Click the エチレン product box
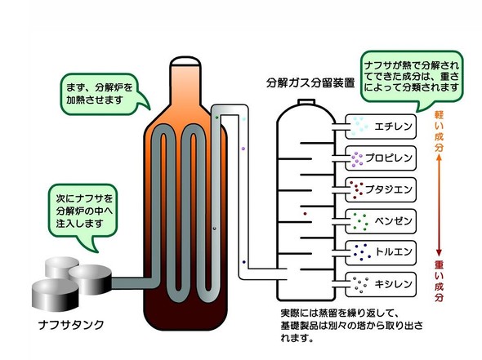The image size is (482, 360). [381, 127]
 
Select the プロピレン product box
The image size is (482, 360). [381, 158]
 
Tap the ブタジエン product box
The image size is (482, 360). [381, 189]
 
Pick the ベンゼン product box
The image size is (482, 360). [381, 221]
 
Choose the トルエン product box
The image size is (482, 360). [381, 253]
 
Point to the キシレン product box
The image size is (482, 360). [381, 284]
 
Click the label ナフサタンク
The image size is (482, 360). [71, 324]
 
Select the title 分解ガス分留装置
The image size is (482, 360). [310, 82]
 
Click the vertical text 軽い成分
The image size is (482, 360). [439, 131]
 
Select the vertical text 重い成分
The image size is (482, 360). [439, 281]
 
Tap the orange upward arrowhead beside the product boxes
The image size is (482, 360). [439, 158]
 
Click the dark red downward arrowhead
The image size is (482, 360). [439, 252]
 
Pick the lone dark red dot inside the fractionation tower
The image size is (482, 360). [305, 214]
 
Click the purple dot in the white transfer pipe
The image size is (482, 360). [243, 149]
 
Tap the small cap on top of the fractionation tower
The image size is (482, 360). [306, 102]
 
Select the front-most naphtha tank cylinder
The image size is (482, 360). [56, 294]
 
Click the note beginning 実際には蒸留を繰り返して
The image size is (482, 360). [351, 326]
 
